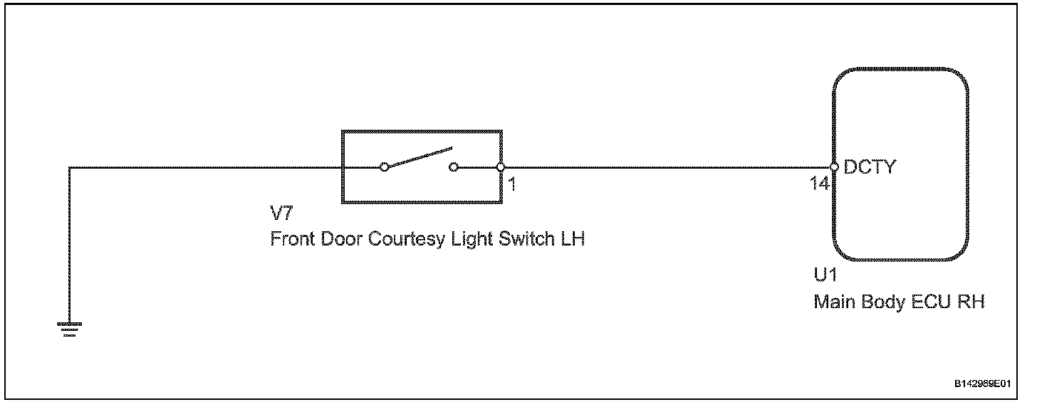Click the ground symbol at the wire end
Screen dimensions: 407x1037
70,329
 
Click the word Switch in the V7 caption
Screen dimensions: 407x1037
521,239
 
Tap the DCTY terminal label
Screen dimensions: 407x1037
870,168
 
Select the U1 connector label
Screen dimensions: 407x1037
825,276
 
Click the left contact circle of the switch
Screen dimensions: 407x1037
384,167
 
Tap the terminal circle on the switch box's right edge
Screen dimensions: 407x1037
501,167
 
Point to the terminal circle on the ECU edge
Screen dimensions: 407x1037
834,167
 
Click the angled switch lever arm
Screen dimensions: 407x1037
419,157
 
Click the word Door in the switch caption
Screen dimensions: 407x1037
341,239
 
